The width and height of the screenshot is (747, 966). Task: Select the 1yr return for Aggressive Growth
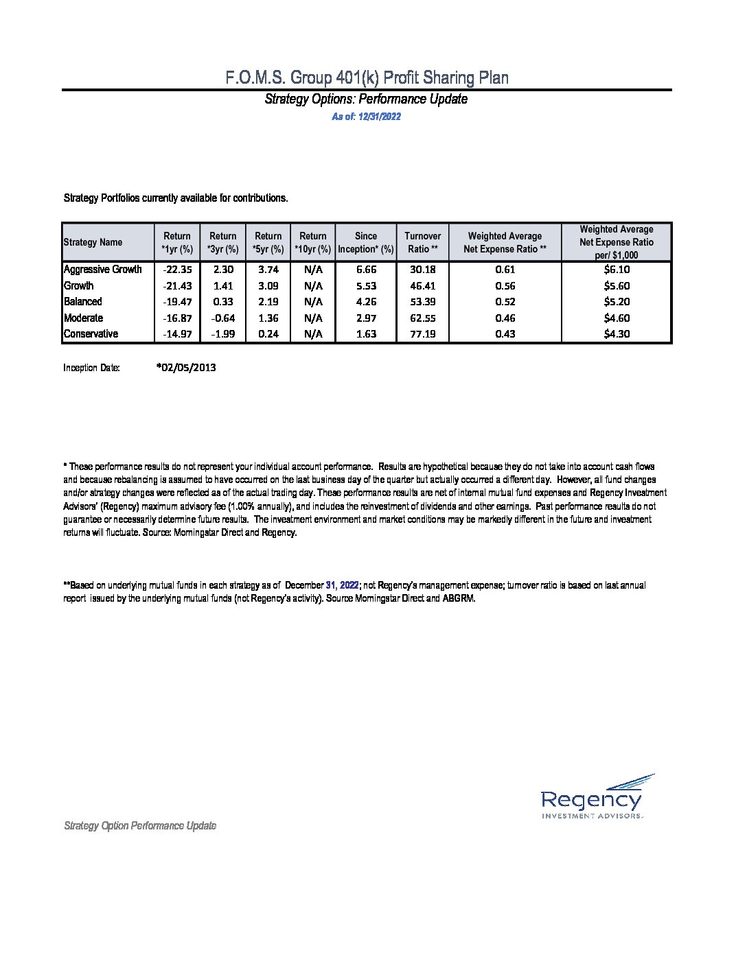pyautogui.click(x=177, y=270)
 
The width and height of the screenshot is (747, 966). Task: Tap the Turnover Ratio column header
pyautogui.click(x=422, y=242)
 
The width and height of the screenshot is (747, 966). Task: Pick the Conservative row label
pyautogui.click(x=91, y=334)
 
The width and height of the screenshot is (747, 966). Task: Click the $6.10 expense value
pyautogui.click(x=616, y=270)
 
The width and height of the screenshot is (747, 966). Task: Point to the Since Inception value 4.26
pyautogui.click(x=366, y=302)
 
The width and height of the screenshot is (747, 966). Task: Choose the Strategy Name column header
pyautogui.click(x=93, y=242)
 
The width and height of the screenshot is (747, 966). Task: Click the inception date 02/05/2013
pyautogui.click(x=186, y=368)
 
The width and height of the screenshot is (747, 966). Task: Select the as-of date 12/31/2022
pyautogui.click(x=366, y=117)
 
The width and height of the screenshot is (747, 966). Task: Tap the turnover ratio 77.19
pyautogui.click(x=422, y=334)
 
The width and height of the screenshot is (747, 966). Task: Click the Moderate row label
pyautogui.click(x=83, y=318)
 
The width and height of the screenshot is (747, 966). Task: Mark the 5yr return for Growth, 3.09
pyautogui.click(x=268, y=286)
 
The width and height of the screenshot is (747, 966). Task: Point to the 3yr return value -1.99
pyautogui.click(x=222, y=334)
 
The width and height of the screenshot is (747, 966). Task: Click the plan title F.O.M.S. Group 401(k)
pyautogui.click(x=367, y=78)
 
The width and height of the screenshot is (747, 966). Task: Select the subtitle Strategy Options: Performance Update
pyautogui.click(x=366, y=99)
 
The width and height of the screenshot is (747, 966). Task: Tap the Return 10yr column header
pyautogui.click(x=313, y=242)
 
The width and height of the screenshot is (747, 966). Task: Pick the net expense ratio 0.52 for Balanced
pyautogui.click(x=505, y=302)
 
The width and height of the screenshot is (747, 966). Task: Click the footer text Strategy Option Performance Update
pyautogui.click(x=140, y=826)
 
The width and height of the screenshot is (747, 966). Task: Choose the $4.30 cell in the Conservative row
pyautogui.click(x=616, y=334)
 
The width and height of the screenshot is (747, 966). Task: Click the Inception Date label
pyautogui.click(x=91, y=368)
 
